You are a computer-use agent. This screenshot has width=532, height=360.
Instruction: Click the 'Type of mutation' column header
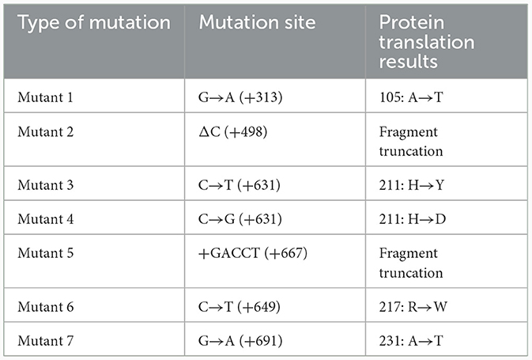point(94,23)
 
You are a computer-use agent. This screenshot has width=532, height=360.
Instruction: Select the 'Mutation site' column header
point(257,22)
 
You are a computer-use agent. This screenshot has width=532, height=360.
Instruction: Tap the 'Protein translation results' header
point(427,42)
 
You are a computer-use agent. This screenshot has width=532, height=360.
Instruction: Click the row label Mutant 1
point(45,97)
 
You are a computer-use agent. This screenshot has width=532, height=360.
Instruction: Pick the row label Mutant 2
point(46,131)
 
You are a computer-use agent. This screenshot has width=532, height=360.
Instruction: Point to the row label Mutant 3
point(46,185)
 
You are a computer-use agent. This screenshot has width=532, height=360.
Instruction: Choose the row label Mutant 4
point(46,218)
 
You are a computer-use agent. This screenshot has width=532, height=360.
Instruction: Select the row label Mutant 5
point(46,253)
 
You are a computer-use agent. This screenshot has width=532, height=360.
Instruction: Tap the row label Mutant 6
point(46,307)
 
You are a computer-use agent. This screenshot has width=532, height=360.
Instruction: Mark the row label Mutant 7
point(46,341)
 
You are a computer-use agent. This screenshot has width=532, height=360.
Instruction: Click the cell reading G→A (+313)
point(240,97)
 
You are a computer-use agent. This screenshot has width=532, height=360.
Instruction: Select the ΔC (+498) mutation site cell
point(232,132)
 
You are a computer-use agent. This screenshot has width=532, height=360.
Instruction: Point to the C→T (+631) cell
point(240,185)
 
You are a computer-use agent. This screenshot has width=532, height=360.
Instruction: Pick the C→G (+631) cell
point(240,219)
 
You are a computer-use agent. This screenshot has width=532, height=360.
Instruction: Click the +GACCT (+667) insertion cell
point(253,253)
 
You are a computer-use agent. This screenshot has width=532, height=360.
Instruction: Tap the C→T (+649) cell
point(240,307)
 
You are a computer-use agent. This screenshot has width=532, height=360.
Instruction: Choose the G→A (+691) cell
point(240,341)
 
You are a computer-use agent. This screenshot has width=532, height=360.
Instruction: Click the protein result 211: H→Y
point(412,185)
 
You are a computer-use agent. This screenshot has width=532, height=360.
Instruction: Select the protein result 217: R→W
point(413,307)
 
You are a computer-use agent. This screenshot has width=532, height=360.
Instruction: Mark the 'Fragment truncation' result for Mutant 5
point(411,263)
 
